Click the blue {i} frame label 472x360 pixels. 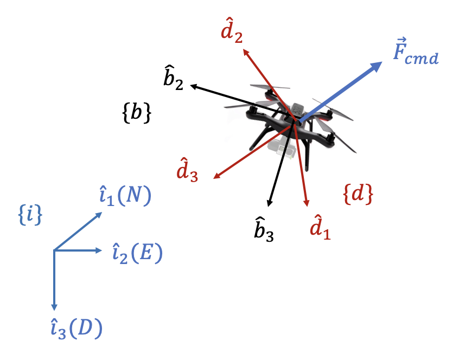pyautogui.click(x=30, y=215)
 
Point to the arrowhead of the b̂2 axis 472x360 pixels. pyautogui.click(x=193, y=86)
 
